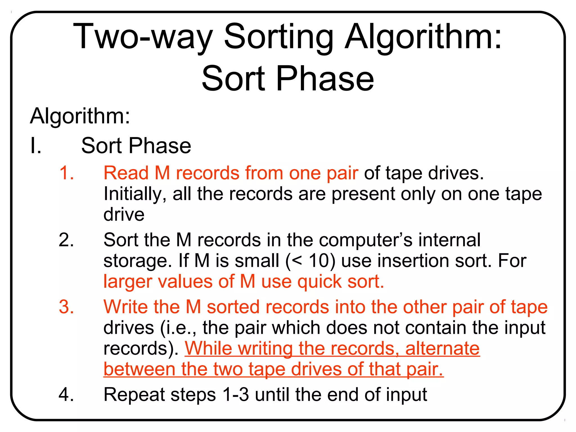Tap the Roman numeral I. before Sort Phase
[x=36, y=146]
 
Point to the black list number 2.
[x=66, y=240]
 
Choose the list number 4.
[x=66, y=394]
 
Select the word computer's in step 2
[x=366, y=240]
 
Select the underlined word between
[x=139, y=369]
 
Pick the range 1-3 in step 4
[x=236, y=394]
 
